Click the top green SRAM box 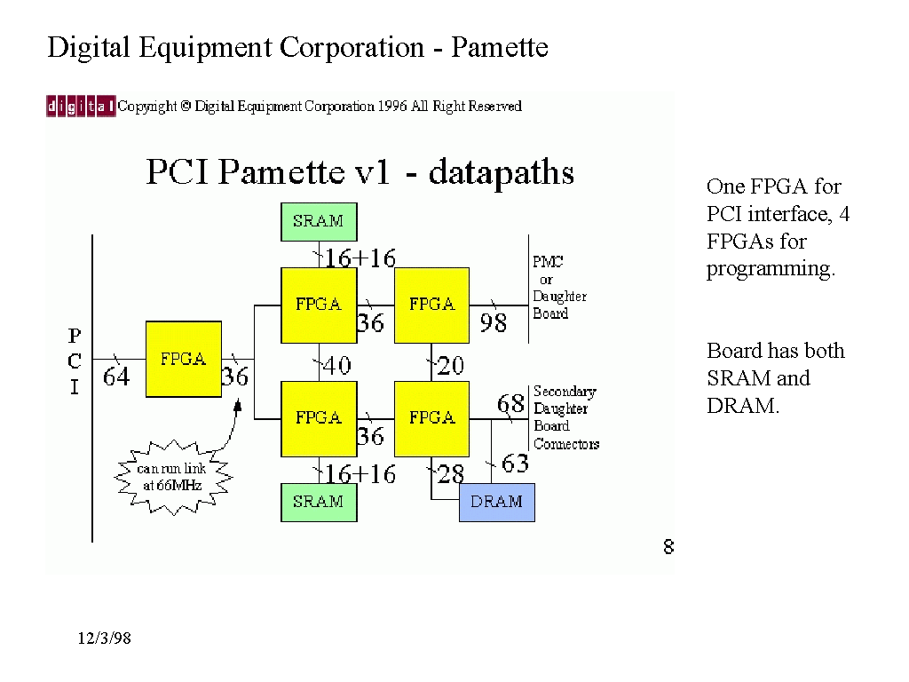(318, 221)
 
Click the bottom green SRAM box (318, 502)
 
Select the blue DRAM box (496, 502)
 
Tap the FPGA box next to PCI (183, 359)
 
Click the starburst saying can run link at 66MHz (172, 477)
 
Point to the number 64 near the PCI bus (116, 377)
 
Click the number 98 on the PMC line (493, 323)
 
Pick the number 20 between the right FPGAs (450, 365)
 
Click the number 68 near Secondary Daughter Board (510, 404)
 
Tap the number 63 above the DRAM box (515, 464)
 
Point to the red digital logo (81, 107)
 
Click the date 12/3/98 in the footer (104, 638)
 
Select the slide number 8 (668, 547)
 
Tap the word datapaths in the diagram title (501, 171)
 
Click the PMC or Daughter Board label (559, 288)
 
